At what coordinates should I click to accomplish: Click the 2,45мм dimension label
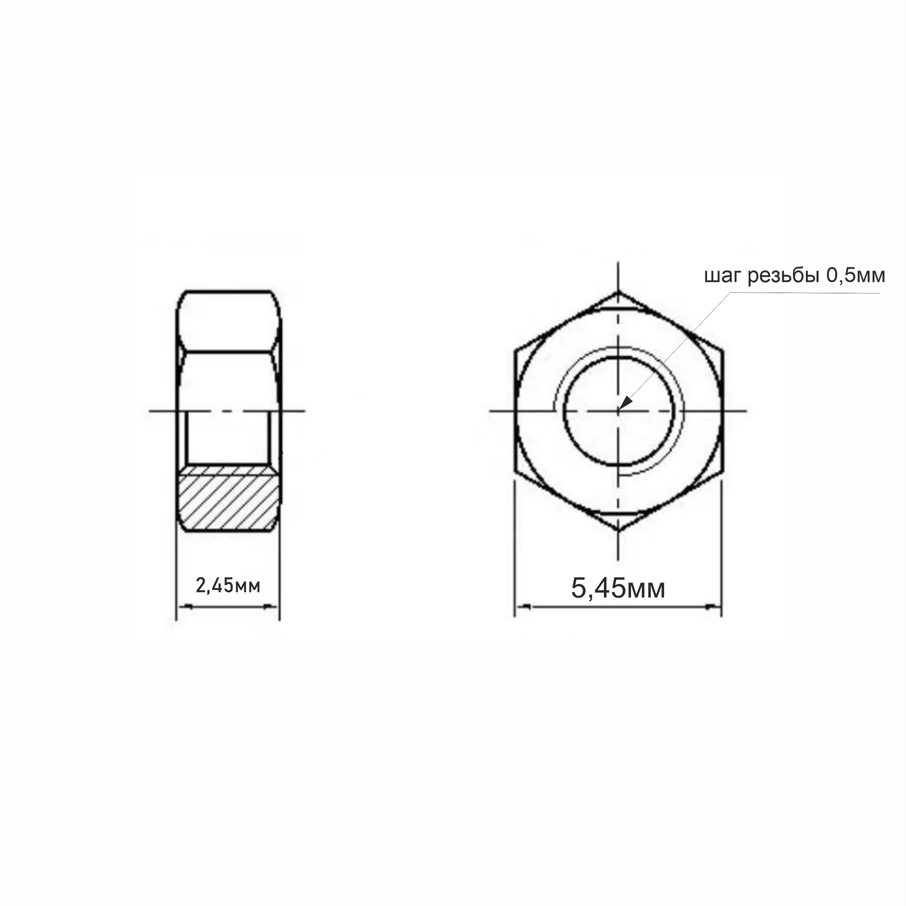tap(228, 586)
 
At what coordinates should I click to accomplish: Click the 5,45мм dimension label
tap(618, 588)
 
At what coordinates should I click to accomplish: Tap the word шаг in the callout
tap(723, 277)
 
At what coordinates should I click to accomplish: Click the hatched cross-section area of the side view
tap(228, 498)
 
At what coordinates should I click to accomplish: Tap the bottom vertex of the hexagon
tap(618, 530)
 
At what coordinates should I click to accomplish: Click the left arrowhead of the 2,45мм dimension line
tap(184, 607)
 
